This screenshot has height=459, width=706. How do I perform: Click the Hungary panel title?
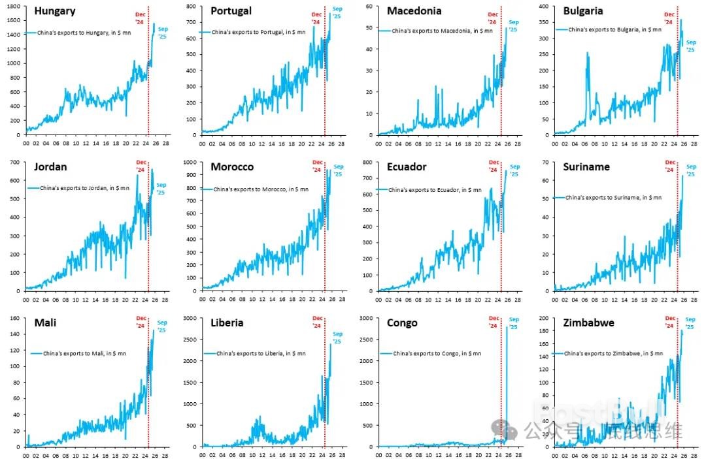click(x=54, y=11)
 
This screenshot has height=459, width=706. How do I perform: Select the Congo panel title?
click(x=402, y=323)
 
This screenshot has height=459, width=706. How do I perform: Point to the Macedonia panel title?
click(x=414, y=11)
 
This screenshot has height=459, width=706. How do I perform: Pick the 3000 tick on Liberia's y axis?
click(x=190, y=318)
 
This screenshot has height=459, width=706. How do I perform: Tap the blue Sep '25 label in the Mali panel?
click(x=162, y=326)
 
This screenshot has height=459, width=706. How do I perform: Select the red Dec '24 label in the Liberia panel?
click(x=317, y=322)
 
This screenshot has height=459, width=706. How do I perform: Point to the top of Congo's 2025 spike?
click(x=507, y=326)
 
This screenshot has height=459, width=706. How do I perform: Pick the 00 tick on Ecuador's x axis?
click(x=378, y=300)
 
